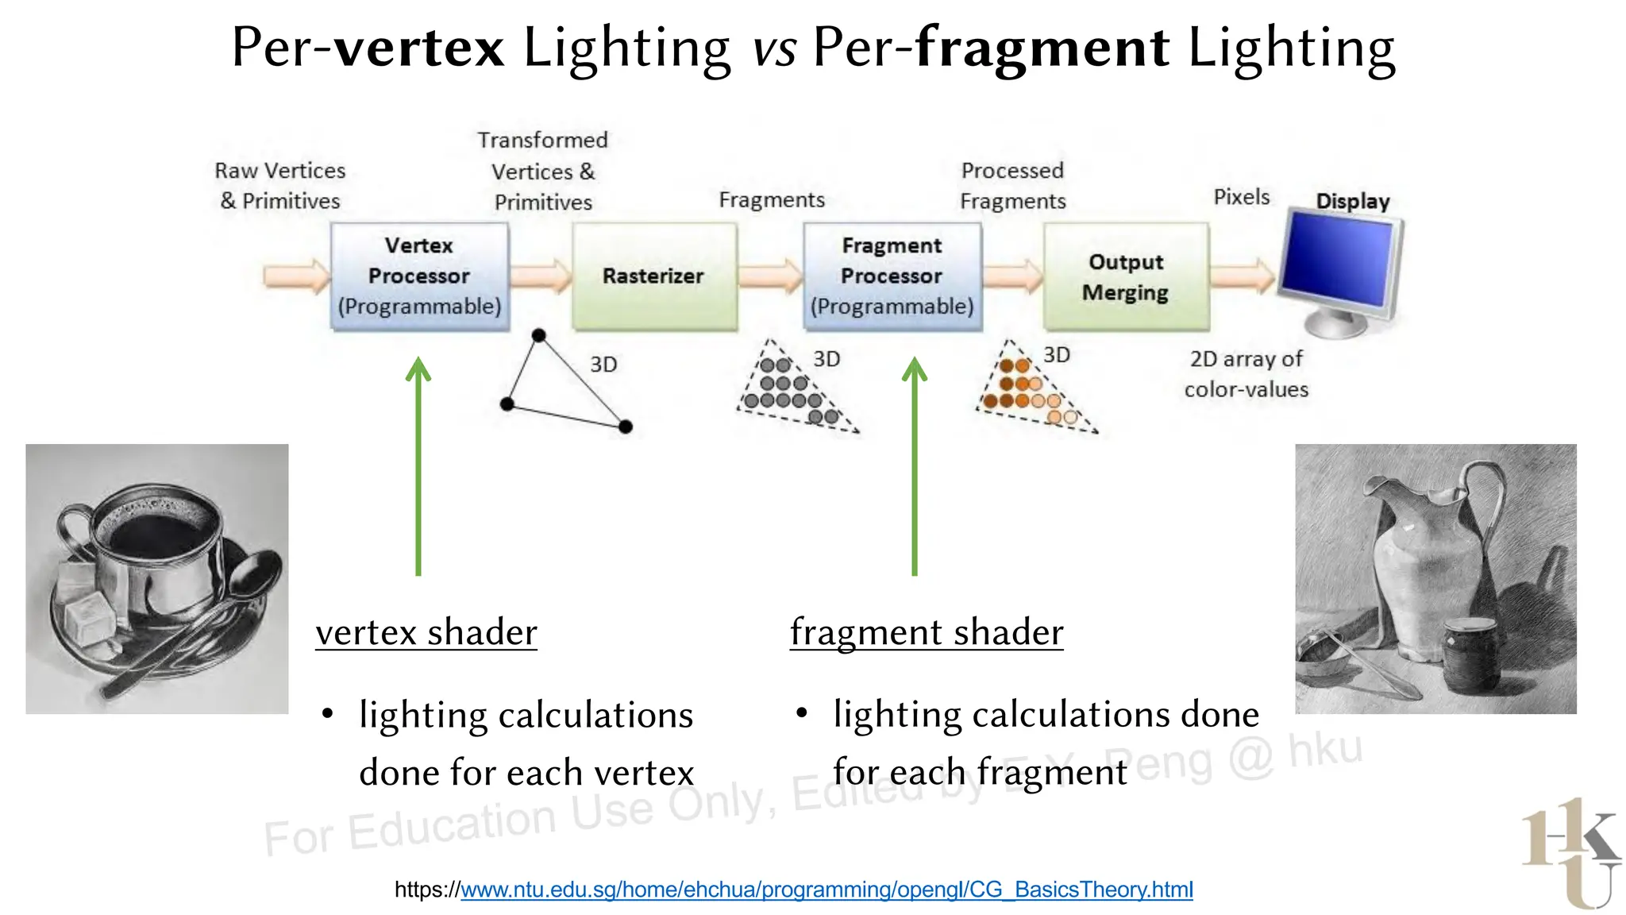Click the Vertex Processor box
(x=419, y=276)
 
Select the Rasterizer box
(x=654, y=276)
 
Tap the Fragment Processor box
(x=892, y=276)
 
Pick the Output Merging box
(x=1125, y=276)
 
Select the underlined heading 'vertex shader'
(x=426, y=633)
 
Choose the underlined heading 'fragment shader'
(x=926, y=633)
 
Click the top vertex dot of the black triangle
(x=538, y=335)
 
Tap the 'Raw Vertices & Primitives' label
(x=280, y=186)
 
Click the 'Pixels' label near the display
(x=1241, y=197)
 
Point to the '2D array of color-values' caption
(x=1246, y=374)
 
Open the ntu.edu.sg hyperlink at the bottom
(x=826, y=890)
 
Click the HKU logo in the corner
(x=1570, y=854)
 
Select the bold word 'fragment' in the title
(x=1042, y=48)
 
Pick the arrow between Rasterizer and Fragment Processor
(x=770, y=276)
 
